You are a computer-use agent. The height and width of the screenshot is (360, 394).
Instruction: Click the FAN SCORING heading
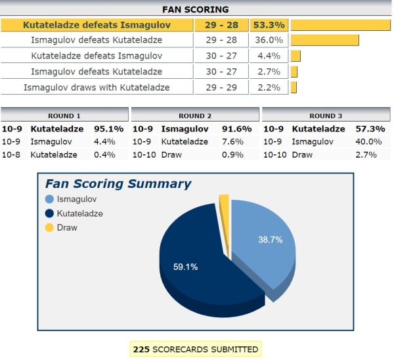pyautogui.click(x=196, y=9)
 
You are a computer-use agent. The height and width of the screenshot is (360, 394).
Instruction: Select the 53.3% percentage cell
pyautogui.click(x=269, y=25)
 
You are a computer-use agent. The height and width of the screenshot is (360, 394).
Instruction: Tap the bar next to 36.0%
pyautogui.click(x=324, y=40)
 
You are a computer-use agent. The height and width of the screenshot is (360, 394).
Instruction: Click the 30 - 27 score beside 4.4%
pyautogui.click(x=221, y=56)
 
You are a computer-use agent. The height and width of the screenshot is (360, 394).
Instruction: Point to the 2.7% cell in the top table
pyautogui.click(x=269, y=71)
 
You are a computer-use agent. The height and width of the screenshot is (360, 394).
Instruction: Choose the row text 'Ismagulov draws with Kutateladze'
pyautogui.click(x=97, y=87)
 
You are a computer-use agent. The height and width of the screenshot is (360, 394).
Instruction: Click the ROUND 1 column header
pyautogui.click(x=65, y=116)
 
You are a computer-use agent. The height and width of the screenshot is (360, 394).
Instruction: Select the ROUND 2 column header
pyautogui.click(x=195, y=116)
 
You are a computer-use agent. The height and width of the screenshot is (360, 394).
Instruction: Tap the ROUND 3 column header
pyautogui.click(x=326, y=116)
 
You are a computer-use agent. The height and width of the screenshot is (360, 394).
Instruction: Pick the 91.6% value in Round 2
pyautogui.click(x=238, y=129)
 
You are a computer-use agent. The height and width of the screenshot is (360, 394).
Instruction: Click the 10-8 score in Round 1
pyautogui.click(x=12, y=154)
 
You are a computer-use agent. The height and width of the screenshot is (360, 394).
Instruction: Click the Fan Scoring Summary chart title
pyautogui.click(x=118, y=184)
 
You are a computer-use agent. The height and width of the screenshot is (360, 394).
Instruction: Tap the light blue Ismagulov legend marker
pyautogui.click(x=49, y=199)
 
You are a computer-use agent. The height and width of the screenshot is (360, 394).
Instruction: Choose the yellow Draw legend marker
pyautogui.click(x=49, y=227)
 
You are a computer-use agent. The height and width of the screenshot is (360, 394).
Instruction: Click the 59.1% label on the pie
pyautogui.click(x=185, y=267)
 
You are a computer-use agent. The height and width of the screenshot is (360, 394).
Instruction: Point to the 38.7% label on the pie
pyautogui.click(x=270, y=240)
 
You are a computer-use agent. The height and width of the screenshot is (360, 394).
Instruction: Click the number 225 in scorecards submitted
pyautogui.click(x=141, y=349)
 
